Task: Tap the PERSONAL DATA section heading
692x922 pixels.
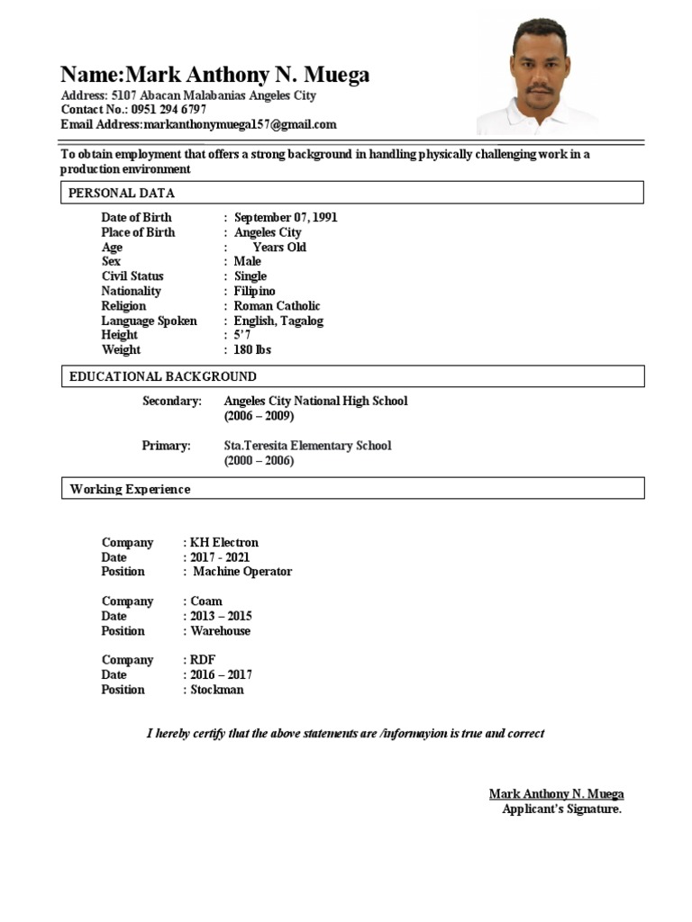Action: [x=123, y=194]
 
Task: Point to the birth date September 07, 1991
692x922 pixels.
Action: [x=286, y=218]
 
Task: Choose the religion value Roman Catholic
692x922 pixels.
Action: [x=277, y=306]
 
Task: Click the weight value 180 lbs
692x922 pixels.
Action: [x=252, y=350]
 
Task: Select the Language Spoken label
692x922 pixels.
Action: [x=149, y=321]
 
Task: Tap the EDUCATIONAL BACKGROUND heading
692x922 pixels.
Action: [x=163, y=377]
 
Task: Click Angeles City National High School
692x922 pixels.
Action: [x=315, y=402]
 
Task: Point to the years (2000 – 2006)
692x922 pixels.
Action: [x=259, y=461]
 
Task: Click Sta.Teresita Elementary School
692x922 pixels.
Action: [x=307, y=446]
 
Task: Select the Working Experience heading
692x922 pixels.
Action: [x=131, y=490]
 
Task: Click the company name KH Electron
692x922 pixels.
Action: [x=223, y=543]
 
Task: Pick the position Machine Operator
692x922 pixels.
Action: [x=242, y=572]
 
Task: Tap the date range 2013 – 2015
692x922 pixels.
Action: [x=221, y=617]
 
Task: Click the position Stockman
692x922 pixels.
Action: [x=217, y=690]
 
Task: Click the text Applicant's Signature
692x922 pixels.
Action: [x=561, y=809]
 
